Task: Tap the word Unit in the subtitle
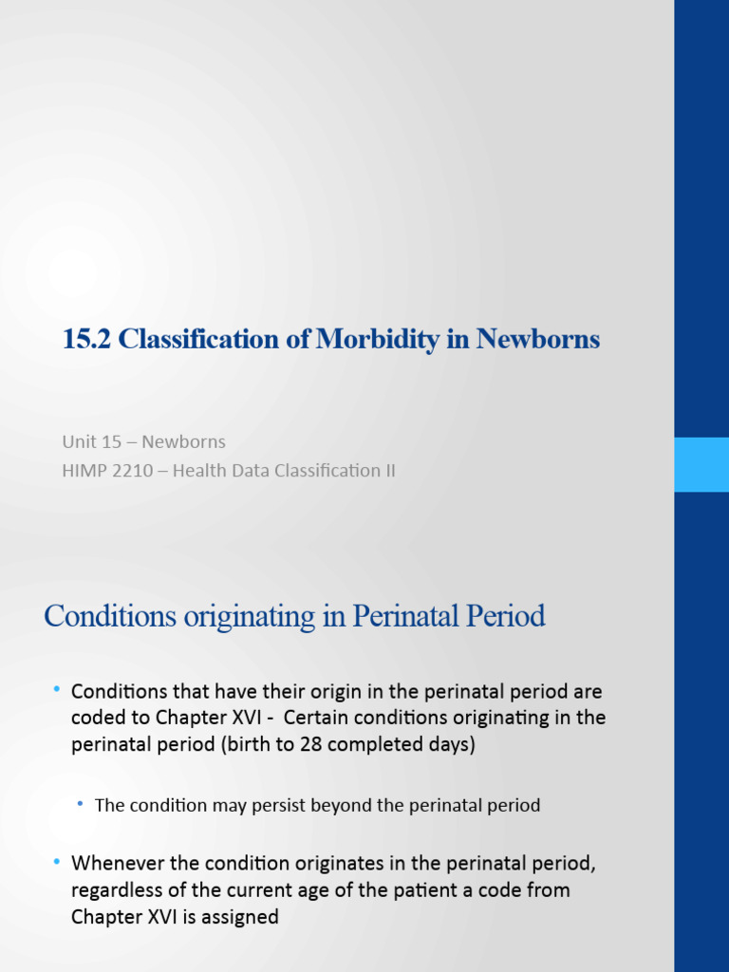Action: (79, 441)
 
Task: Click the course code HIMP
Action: (84, 470)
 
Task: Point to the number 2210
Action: (132, 470)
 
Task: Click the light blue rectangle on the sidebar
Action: (701, 464)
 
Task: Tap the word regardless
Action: (119, 891)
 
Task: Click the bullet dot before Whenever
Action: (57, 862)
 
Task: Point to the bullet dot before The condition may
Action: (82, 804)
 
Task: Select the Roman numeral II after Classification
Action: (388, 470)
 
